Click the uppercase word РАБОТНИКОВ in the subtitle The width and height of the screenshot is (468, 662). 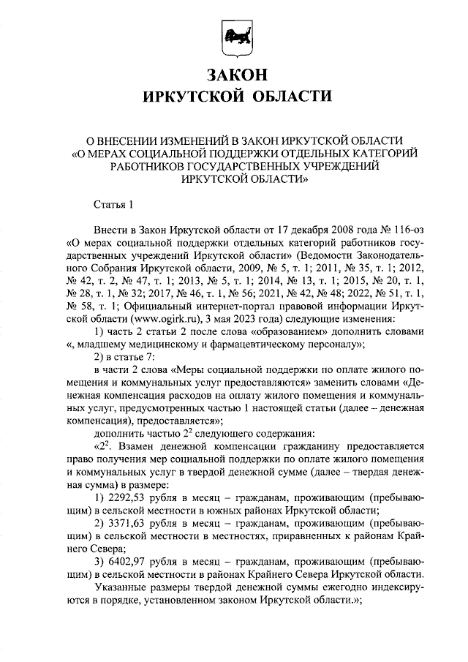[130, 166]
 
